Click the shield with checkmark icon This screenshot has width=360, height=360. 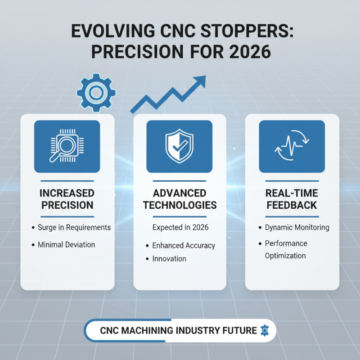click(x=179, y=146)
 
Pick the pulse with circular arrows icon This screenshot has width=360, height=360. click(x=292, y=146)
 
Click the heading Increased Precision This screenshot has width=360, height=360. click(x=67, y=199)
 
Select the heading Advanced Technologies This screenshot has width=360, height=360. click(x=179, y=199)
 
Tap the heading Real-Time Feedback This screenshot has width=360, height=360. click(x=292, y=199)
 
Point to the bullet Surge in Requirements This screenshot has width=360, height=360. click(x=75, y=227)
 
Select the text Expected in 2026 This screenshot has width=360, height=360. click(x=180, y=227)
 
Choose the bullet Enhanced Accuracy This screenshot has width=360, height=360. click(x=184, y=245)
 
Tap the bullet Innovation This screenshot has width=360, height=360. click(x=169, y=259)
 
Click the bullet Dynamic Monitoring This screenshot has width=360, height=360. click(x=297, y=227)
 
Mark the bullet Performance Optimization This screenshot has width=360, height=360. click(x=286, y=249)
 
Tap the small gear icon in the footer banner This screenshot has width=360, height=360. click(x=265, y=330)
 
